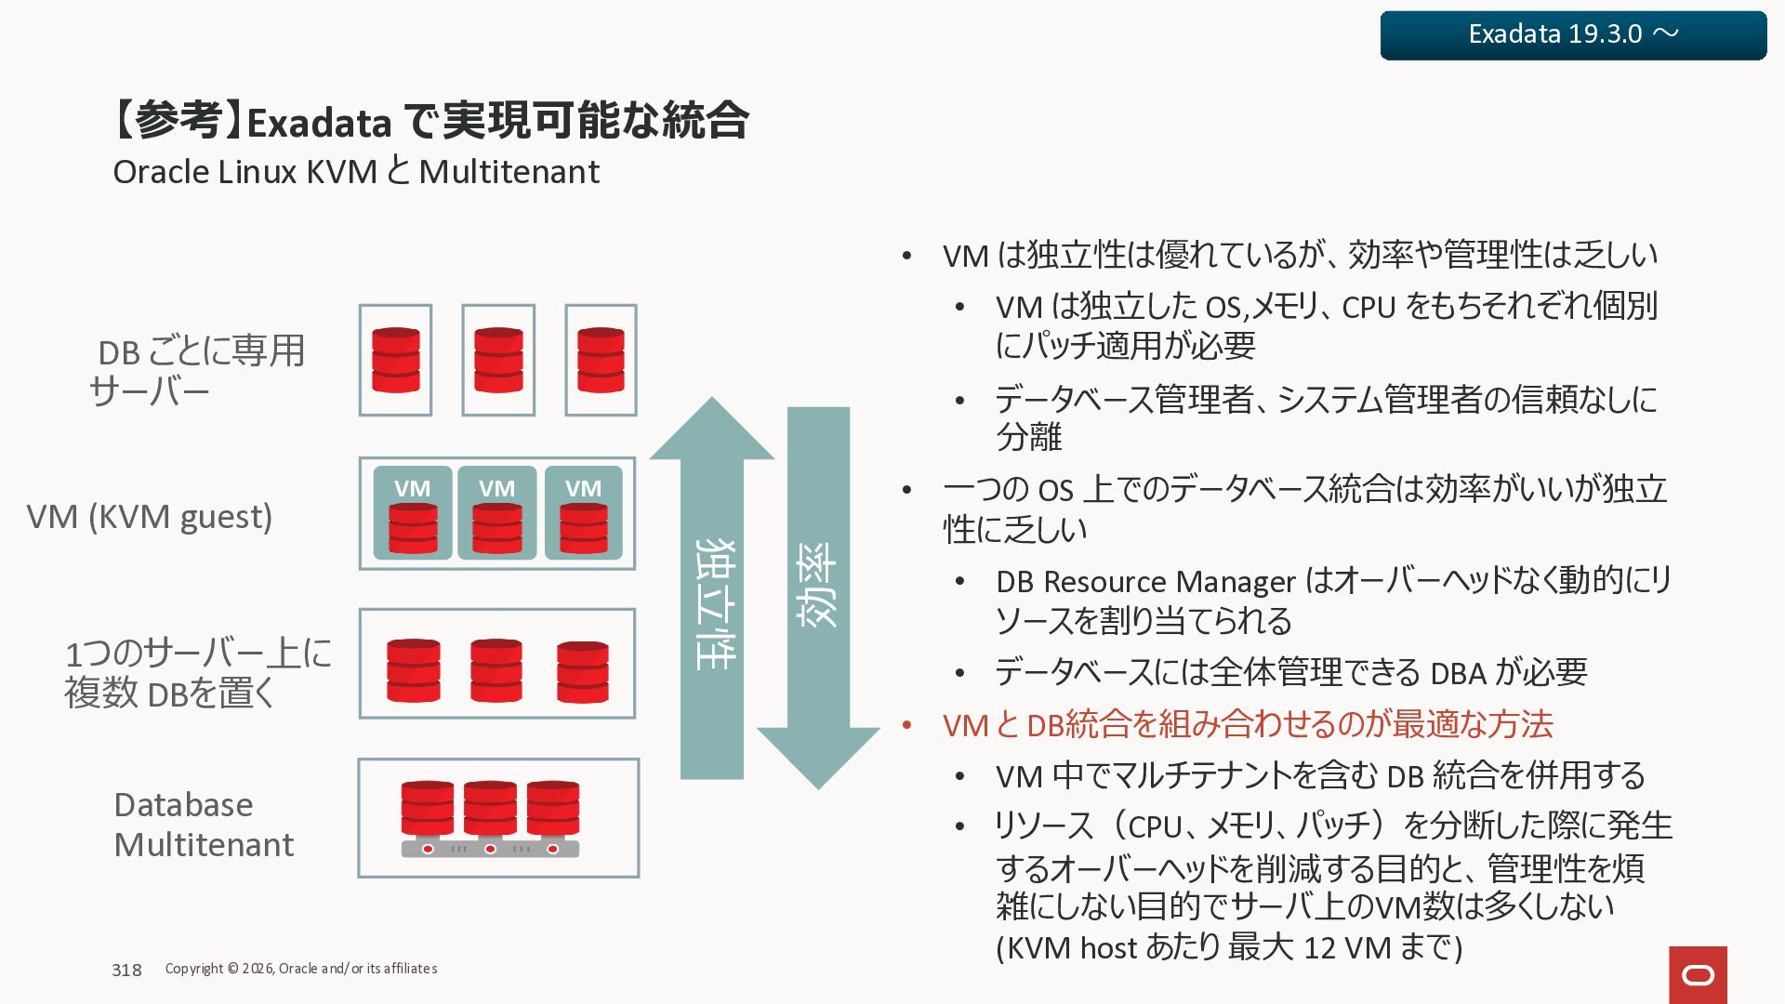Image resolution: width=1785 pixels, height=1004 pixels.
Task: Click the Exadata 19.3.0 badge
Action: point(1573,35)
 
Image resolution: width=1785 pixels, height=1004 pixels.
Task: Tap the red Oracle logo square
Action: point(1698,974)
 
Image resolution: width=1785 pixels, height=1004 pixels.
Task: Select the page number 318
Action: point(126,970)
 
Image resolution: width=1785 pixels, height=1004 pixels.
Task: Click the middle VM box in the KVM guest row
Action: point(497,513)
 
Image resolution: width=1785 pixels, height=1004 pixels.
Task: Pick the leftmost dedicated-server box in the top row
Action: point(396,360)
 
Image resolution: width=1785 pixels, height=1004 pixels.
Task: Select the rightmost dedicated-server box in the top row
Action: point(601,360)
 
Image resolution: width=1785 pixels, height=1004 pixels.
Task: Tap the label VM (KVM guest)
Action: point(150,516)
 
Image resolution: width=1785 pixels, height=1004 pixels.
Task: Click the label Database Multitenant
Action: point(203,825)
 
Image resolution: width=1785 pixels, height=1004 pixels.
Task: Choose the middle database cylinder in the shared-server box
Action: point(496,669)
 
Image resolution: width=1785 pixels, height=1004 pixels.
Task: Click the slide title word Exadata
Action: point(319,123)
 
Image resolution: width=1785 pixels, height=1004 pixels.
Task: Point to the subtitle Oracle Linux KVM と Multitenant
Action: point(356,172)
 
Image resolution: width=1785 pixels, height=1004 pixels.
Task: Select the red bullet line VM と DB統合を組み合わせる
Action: point(1248,724)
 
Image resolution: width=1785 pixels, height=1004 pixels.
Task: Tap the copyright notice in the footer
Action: point(301,969)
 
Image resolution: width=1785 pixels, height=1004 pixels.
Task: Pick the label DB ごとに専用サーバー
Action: point(197,371)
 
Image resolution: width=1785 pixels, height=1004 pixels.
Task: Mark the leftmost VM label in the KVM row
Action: point(412,488)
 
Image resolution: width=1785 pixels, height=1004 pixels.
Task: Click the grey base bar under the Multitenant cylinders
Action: point(490,849)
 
